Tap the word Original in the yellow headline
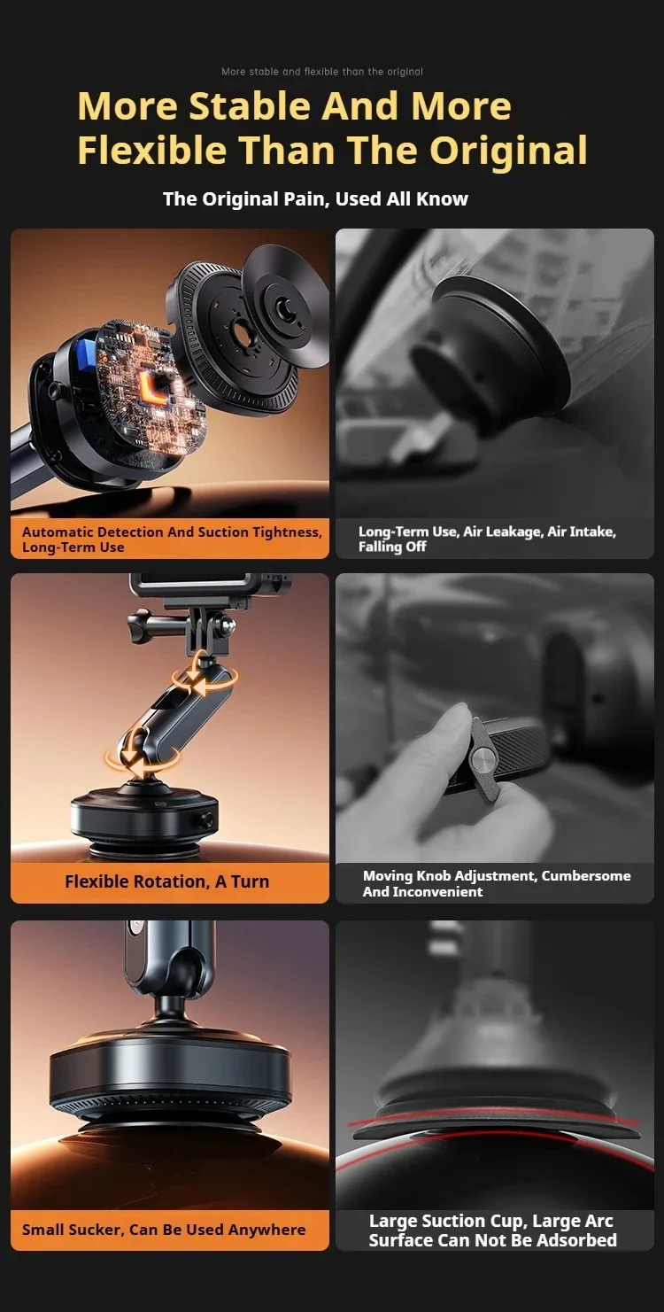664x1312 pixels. (x=508, y=151)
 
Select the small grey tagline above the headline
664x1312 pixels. (x=322, y=72)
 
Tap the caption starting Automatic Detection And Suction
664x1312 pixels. (x=172, y=540)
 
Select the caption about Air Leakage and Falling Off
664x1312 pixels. (x=487, y=539)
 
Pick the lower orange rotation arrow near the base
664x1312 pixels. (x=143, y=756)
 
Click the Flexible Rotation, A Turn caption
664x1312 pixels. (x=166, y=881)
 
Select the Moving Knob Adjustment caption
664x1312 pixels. (x=497, y=884)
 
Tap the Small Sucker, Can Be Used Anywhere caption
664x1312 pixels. (x=164, y=1230)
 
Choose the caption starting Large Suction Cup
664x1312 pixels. (x=493, y=1230)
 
